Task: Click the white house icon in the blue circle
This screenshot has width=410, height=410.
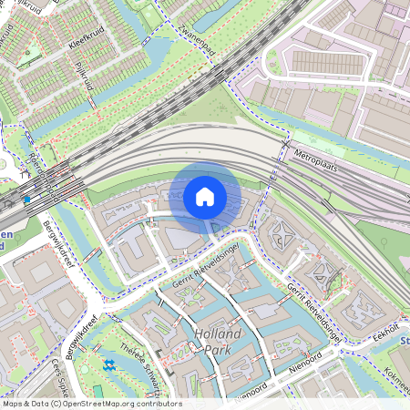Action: [204, 196]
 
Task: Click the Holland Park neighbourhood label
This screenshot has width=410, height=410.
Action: [218, 341]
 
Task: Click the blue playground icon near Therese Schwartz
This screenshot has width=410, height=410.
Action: [109, 365]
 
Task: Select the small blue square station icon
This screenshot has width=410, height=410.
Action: [26, 198]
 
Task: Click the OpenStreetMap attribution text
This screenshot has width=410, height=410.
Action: [91, 404]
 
